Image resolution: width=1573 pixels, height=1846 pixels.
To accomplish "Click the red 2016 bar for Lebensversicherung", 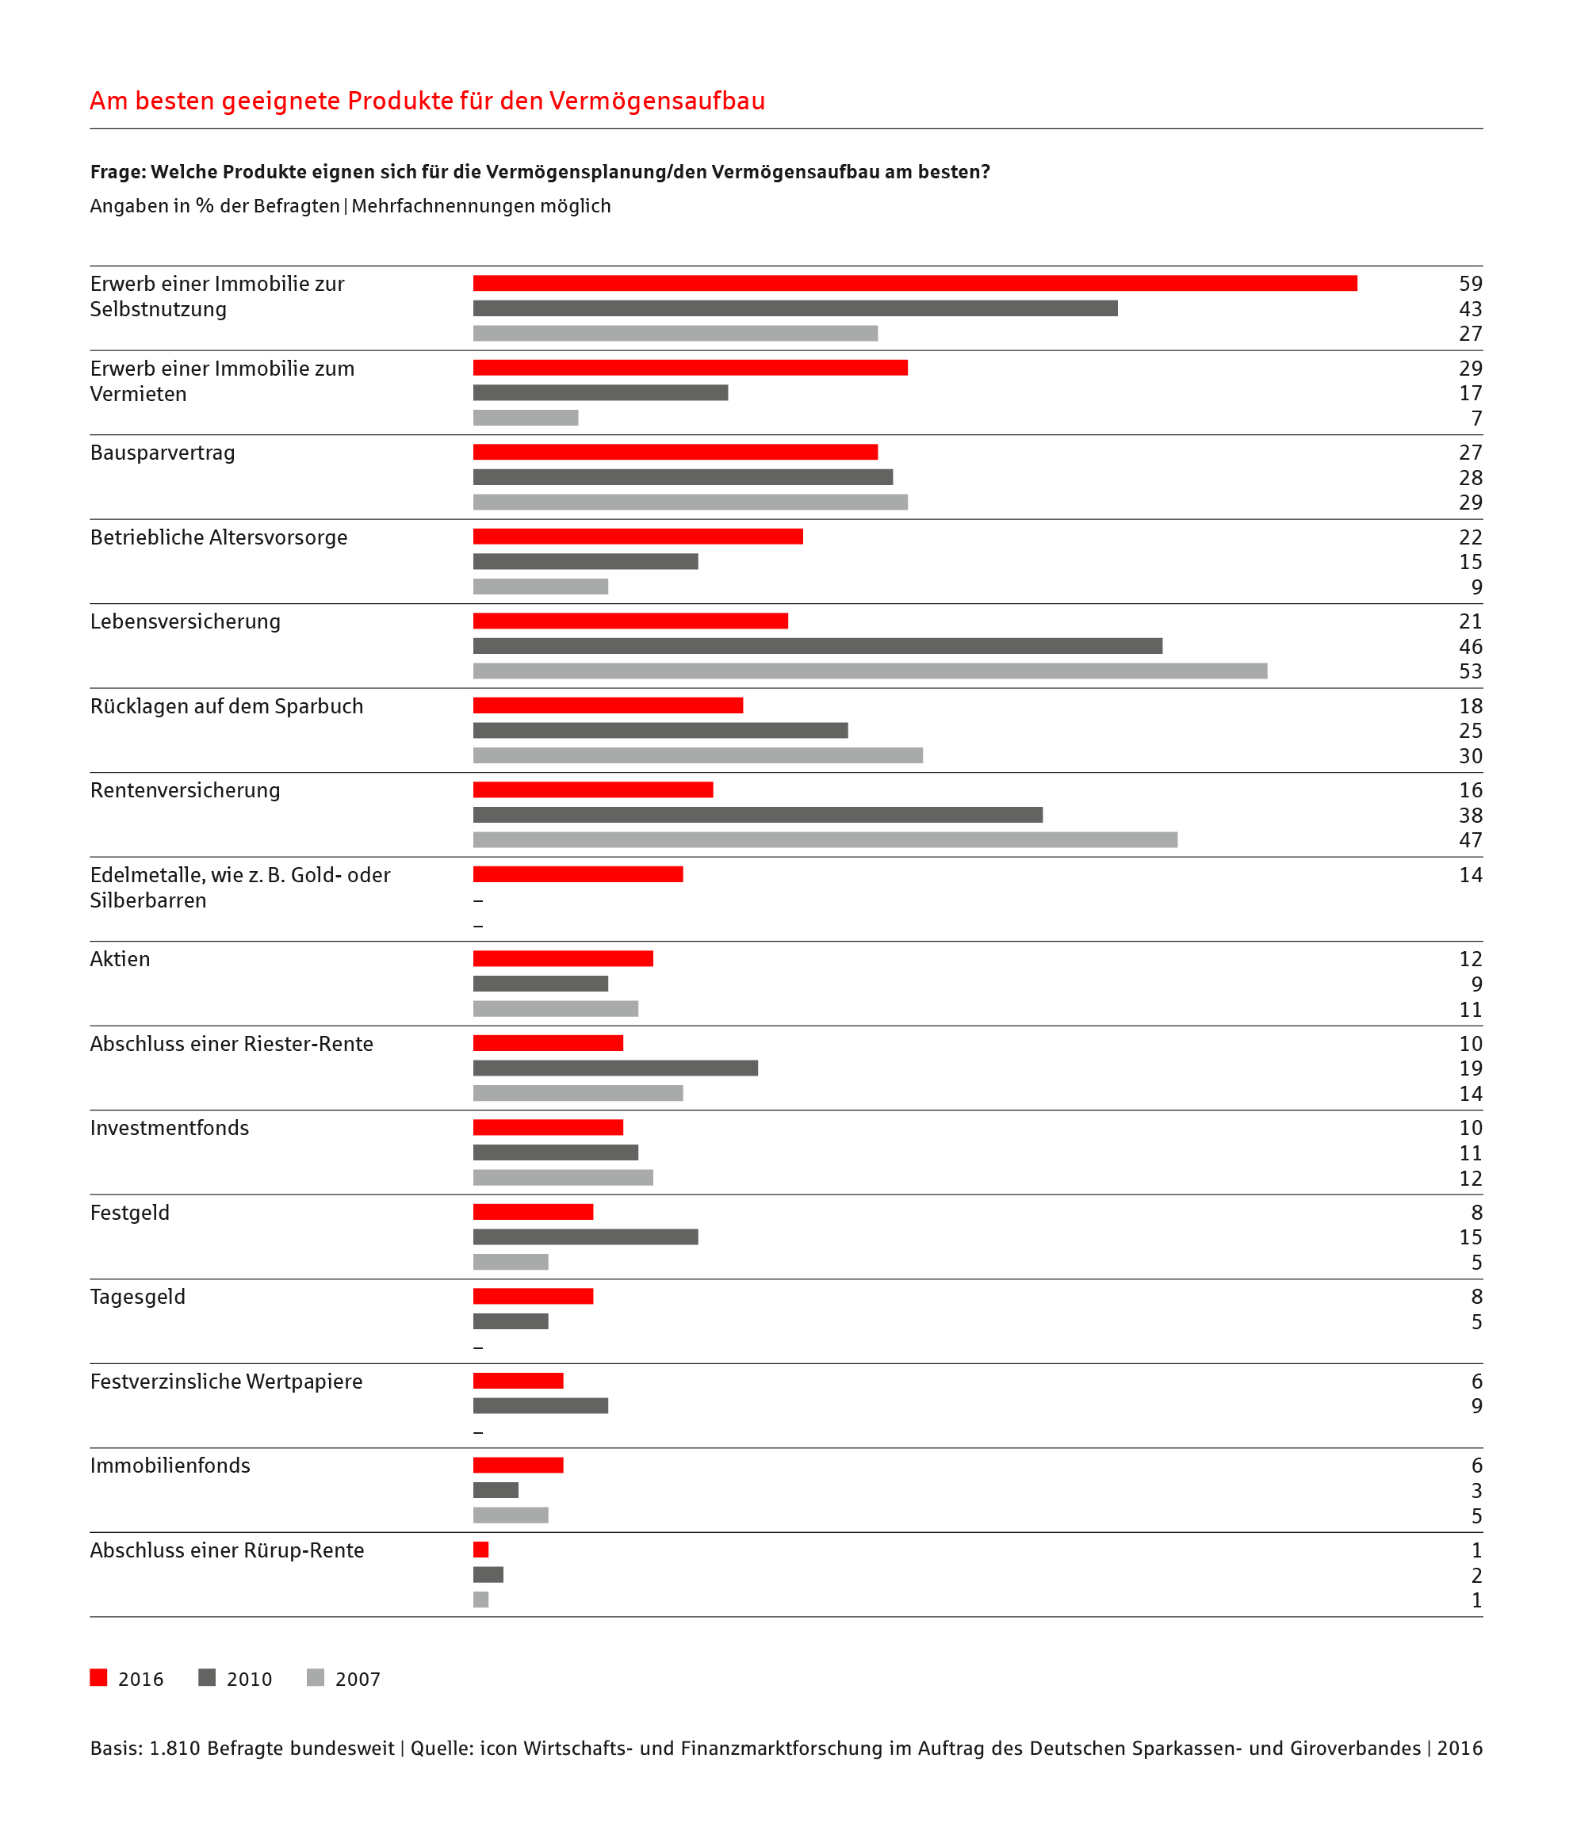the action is click(x=630, y=621).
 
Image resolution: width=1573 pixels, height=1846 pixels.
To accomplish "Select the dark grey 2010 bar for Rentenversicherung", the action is click(x=757, y=815).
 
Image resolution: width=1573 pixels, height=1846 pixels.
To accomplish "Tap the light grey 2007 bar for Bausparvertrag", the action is click(x=691, y=503).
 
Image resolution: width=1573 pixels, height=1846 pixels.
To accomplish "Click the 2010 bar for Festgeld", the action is click(x=586, y=1236).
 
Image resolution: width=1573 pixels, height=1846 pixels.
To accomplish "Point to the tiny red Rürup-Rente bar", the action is click(x=481, y=1550).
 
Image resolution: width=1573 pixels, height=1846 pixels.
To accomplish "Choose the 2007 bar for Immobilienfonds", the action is click(x=511, y=1515).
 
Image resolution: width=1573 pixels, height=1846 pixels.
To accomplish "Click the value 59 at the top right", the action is click(x=1471, y=283).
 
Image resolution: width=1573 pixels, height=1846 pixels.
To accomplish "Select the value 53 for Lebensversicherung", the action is click(x=1471, y=671).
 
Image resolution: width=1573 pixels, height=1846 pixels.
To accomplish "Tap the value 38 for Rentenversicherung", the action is click(x=1471, y=815).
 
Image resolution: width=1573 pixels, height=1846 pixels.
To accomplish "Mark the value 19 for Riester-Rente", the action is click(x=1471, y=1068).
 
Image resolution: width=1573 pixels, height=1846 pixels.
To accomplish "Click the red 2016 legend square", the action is click(x=99, y=1678).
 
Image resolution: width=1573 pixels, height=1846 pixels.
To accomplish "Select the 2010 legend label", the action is click(x=250, y=1680).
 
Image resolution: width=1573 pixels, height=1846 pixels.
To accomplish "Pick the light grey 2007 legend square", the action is click(x=316, y=1678).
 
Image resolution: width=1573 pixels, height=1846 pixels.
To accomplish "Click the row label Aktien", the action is click(x=121, y=958).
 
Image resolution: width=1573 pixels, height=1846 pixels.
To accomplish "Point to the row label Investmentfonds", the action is click(x=170, y=1128).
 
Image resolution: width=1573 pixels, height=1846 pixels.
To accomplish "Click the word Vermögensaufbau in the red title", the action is click(x=656, y=101).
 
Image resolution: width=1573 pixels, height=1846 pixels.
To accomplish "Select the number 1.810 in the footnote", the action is click(x=174, y=1748).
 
